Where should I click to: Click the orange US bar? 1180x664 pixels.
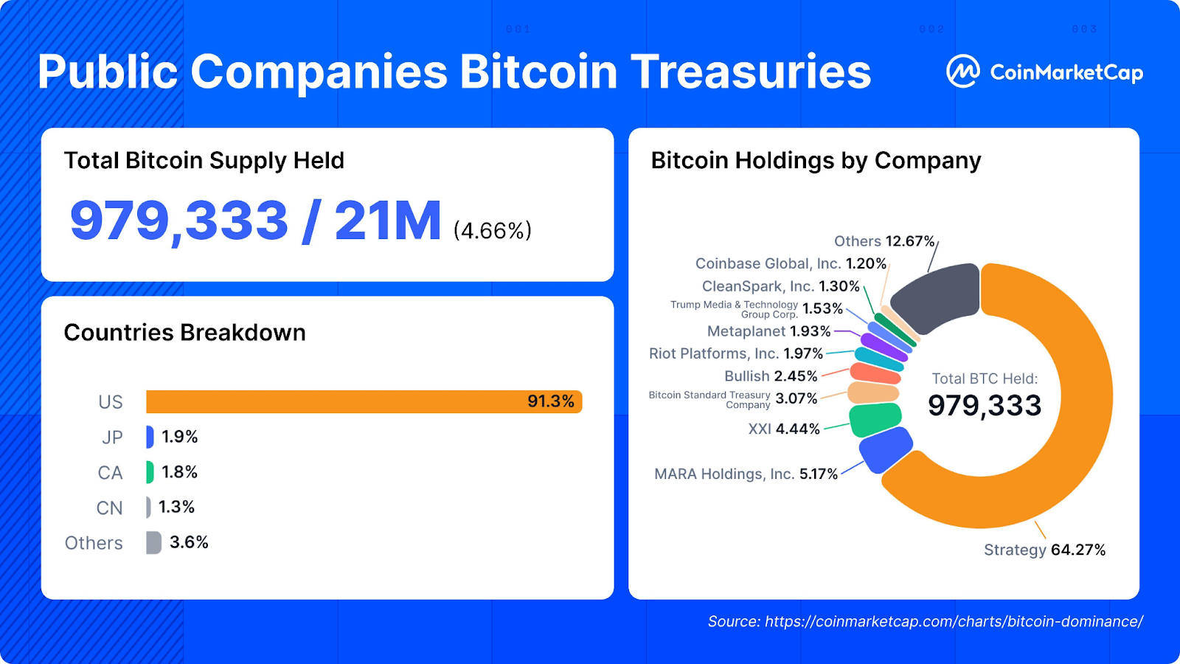pos(332,401)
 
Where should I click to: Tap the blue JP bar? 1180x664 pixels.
pos(150,437)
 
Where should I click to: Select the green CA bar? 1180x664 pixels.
pos(150,472)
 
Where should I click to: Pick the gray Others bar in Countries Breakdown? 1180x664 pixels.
pos(153,543)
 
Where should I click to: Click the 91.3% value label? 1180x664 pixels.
pos(550,401)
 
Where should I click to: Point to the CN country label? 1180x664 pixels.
pos(109,508)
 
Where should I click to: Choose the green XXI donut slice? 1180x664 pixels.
pos(875,419)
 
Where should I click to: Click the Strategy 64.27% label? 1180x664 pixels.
pos(1044,550)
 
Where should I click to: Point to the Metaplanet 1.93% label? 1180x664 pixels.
pos(768,331)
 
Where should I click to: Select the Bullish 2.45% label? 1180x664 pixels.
pos(771,376)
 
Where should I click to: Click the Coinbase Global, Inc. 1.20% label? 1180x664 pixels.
pos(791,263)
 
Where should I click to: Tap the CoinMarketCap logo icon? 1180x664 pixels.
pos(963,72)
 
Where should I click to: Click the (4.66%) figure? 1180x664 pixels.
pos(492,231)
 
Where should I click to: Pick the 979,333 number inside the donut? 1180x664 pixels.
pos(985,405)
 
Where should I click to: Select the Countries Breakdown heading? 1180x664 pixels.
pos(184,333)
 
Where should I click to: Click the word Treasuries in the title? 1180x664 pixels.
pos(751,72)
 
